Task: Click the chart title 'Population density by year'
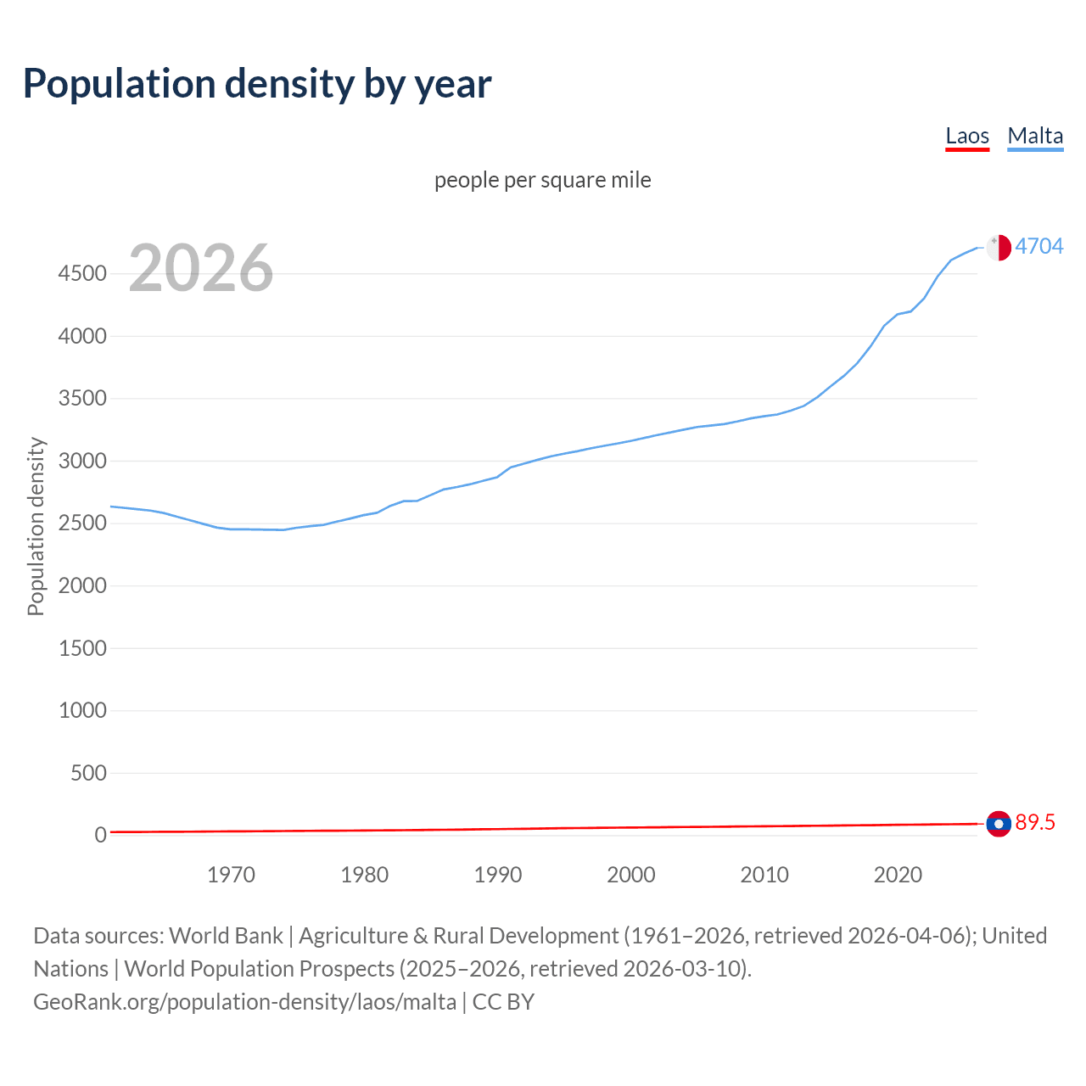tap(257, 83)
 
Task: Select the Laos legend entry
tap(967, 136)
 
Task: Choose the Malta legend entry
tap(1035, 136)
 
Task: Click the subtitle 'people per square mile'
tap(543, 180)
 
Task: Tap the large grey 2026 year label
tap(201, 268)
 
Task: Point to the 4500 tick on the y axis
tap(82, 274)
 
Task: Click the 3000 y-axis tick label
tap(82, 462)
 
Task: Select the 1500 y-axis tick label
tap(82, 648)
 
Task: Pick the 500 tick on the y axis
tap(88, 773)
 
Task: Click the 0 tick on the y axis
tap(100, 836)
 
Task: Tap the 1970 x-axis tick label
tap(231, 875)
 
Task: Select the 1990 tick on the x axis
tap(498, 875)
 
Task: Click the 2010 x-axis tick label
tap(764, 875)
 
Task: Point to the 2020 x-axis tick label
tap(898, 875)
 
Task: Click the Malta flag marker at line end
tap(999, 247)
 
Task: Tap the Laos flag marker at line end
tap(999, 824)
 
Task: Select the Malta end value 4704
tap(1039, 246)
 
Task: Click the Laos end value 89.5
tap(1035, 823)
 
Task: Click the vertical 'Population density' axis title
tap(36, 526)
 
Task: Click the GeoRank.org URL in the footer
tap(244, 1002)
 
